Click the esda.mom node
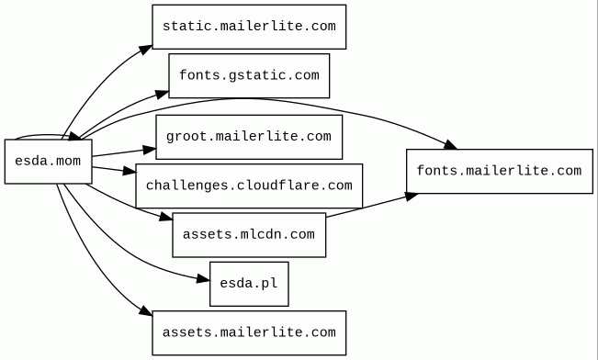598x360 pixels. [49, 162]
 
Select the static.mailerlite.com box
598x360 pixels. [249, 27]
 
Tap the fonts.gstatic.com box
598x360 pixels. [249, 75]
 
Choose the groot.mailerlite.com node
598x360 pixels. [249, 137]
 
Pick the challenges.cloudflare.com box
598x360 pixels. [249, 186]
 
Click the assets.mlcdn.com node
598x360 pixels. [249, 235]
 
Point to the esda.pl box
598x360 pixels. [249, 284]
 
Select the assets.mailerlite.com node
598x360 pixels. [249, 333]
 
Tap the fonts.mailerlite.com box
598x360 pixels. [500, 171]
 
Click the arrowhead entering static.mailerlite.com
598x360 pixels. [145, 50]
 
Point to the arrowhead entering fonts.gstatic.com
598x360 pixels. [162, 95]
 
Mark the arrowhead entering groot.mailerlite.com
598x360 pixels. [150, 150]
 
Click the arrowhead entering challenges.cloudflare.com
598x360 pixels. [130, 171]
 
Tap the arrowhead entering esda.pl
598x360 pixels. [203, 279]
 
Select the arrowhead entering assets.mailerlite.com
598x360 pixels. [146, 310]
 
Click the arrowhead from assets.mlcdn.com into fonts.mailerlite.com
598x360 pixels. [412, 196]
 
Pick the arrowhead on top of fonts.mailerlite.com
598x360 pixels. [450, 144]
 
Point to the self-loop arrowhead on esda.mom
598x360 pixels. [74, 135]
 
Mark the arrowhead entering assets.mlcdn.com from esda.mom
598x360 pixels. [166, 217]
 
